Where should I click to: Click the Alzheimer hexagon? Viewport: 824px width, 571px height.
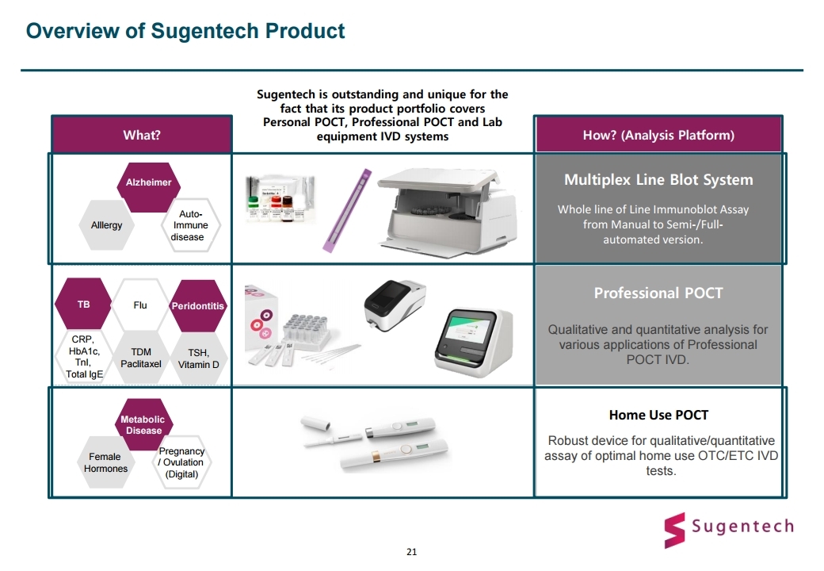(x=148, y=187)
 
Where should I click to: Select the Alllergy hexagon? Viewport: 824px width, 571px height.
(x=107, y=225)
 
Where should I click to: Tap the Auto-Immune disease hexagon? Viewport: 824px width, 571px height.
(x=190, y=225)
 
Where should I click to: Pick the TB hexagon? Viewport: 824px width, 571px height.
(x=83, y=305)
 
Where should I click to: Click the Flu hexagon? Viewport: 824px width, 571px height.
(x=140, y=305)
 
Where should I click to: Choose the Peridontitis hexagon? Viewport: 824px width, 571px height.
(x=197, y=305)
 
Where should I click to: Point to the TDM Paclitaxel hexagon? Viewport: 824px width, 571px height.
(x=141, y=358)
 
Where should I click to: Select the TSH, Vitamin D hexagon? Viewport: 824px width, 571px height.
(x=198, y=358)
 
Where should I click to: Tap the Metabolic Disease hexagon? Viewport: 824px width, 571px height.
(x=143, y=424)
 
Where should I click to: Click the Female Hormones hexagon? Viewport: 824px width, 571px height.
(x=105, y=462)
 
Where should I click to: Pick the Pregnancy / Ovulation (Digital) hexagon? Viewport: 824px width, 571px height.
(x=181, y=462)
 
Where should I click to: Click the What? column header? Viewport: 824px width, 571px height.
(x=142, y=135)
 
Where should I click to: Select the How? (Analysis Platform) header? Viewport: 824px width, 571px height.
(x=658, y=135)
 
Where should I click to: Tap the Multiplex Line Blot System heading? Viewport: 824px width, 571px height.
(x=658, y=180)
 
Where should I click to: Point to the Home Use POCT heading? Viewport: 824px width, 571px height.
(x=658, y=415)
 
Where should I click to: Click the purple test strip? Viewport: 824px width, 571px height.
(x=347, y=210)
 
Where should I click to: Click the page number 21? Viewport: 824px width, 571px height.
(x=411, y=551)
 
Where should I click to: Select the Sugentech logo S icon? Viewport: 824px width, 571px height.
(x=675, y=530)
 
